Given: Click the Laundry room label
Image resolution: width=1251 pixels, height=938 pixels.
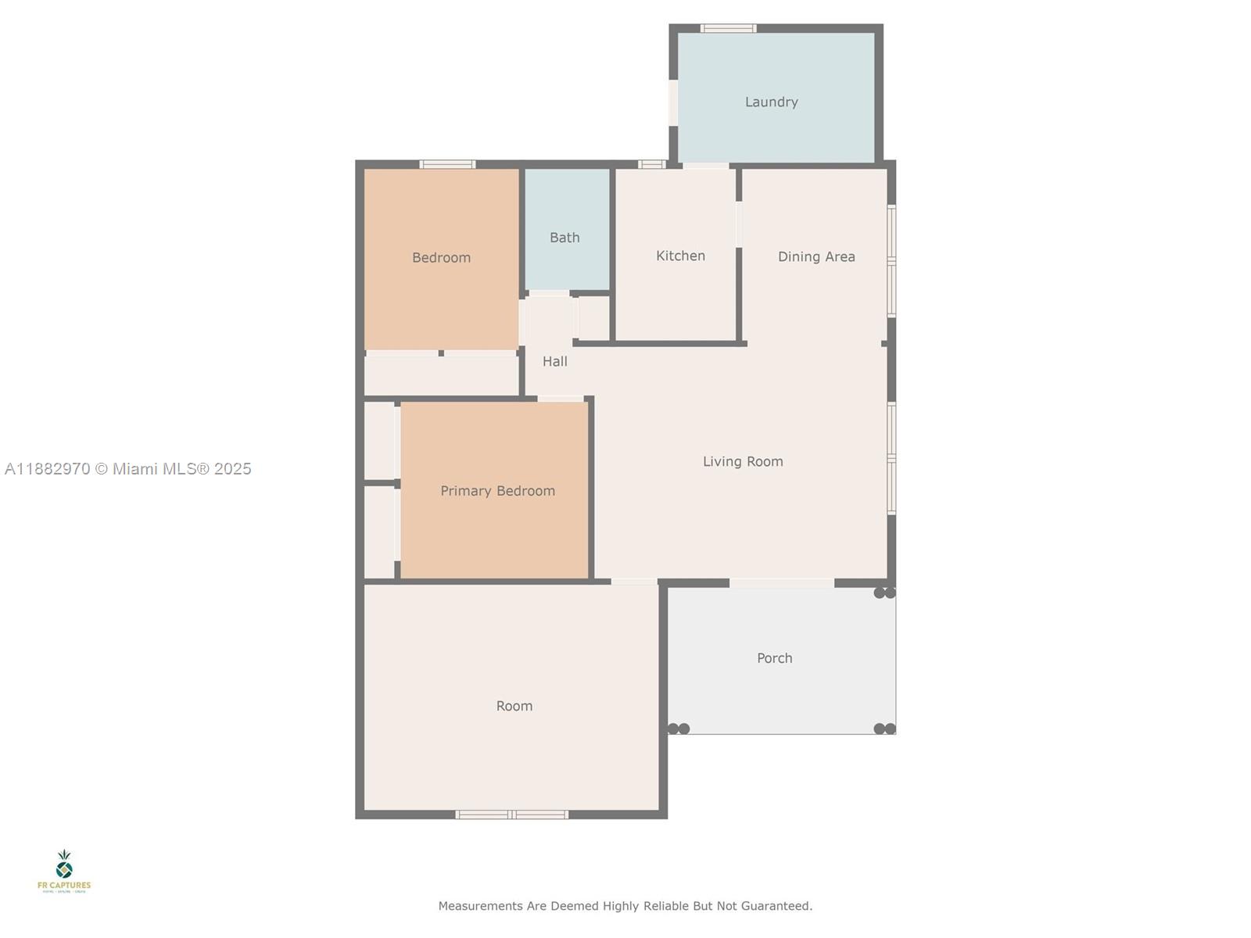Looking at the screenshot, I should coord(771,102).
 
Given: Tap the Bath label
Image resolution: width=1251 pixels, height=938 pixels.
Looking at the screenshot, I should coord(565,238).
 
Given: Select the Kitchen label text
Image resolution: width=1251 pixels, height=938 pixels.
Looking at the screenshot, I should coord(680,256).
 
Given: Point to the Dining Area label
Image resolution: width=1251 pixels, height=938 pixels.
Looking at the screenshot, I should coord(816,257).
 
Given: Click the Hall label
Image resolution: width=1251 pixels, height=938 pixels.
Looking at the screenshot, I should coord(555,361).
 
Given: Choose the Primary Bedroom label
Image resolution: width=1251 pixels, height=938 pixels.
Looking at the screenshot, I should coord(497,491).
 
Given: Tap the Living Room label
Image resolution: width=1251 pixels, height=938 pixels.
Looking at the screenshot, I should coord(743,462).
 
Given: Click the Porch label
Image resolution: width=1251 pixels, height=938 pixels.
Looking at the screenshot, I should coord(774,658).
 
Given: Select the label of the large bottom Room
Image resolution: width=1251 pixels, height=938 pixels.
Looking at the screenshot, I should coord(514,706).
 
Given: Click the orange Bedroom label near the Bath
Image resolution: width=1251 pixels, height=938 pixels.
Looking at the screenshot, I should coord(441,258).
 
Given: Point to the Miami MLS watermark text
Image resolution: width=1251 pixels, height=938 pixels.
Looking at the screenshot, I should coord(128,469).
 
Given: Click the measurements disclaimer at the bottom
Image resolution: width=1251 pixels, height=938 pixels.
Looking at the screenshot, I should coord(625,906).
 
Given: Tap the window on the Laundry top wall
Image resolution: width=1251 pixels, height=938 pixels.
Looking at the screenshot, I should coord(728,29).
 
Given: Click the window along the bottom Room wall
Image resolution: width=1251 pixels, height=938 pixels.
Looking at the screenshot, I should coord(512,814).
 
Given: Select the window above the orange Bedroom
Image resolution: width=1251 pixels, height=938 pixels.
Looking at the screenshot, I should coord(447,164).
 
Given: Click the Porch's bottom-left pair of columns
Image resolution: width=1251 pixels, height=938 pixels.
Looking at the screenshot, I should coord(678,729).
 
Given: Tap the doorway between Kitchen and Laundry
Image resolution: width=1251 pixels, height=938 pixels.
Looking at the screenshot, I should coord(706,165).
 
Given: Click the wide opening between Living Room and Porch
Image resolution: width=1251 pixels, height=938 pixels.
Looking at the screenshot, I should coord(781,583).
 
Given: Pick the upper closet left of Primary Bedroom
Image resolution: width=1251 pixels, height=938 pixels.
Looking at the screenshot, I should coord(381,441).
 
